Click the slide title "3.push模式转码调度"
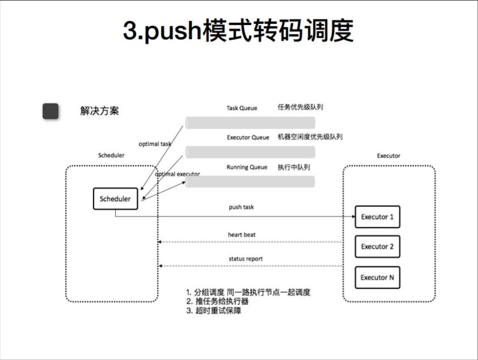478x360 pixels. click(x=238, y=31)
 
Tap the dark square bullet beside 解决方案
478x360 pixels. click(x=50, y=111)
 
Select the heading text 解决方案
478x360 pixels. click(x=99, y=111)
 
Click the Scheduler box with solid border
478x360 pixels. click(x=115, y=199)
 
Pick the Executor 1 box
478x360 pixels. click(x=377, y=217)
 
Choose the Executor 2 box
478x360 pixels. click(x=377, y=247)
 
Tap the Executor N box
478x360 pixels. click(x=377, y=277)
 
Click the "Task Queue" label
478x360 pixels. click(x=242, y=108)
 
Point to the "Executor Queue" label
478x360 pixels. click(x=248, y=137)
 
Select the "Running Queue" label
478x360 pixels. click(x=247, y=167)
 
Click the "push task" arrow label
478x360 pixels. click(x=241, y=207)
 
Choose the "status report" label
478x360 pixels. click(x=246, y=259)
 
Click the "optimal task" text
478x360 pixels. click(x=155, y=144)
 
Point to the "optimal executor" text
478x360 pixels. click(x=177, y=174)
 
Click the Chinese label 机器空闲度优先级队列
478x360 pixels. click(x=310, y=137)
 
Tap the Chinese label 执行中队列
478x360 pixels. click(x=293, y=167)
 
